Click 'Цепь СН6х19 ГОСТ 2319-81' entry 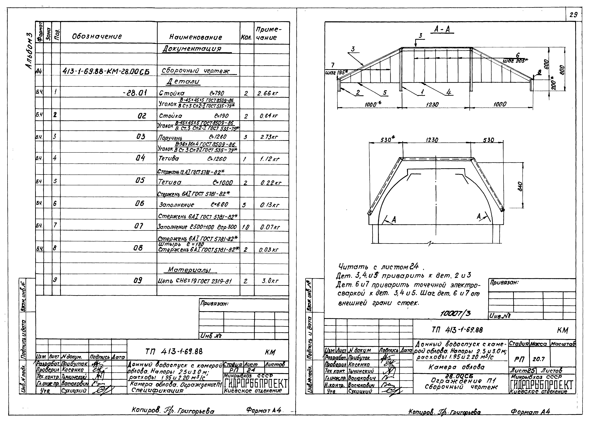(195, 281)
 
